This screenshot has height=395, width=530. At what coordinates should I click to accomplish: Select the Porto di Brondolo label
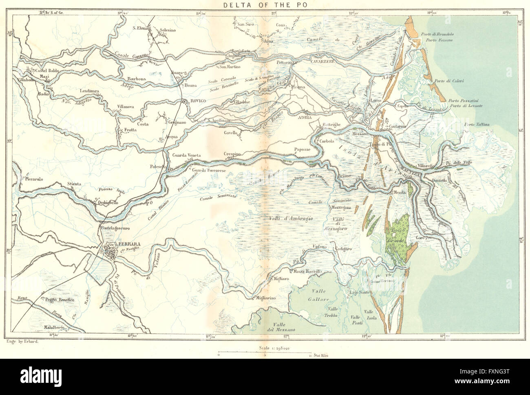[x=441, y=35]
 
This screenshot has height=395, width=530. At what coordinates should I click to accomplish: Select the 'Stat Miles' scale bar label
[x=322, y=355]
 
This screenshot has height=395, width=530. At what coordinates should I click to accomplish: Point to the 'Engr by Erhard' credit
[x=20, y=342]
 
